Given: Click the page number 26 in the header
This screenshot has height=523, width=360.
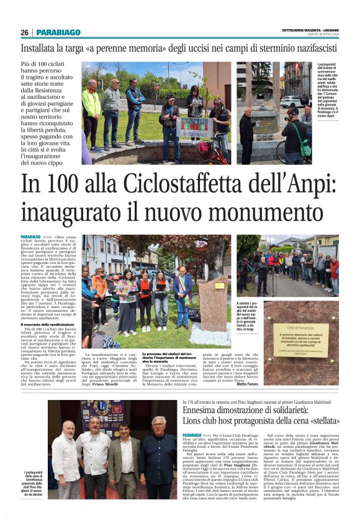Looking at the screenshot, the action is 25,32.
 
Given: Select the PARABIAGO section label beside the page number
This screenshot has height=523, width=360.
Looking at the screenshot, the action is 58,32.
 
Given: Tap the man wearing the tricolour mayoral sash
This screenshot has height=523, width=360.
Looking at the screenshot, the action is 182,299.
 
